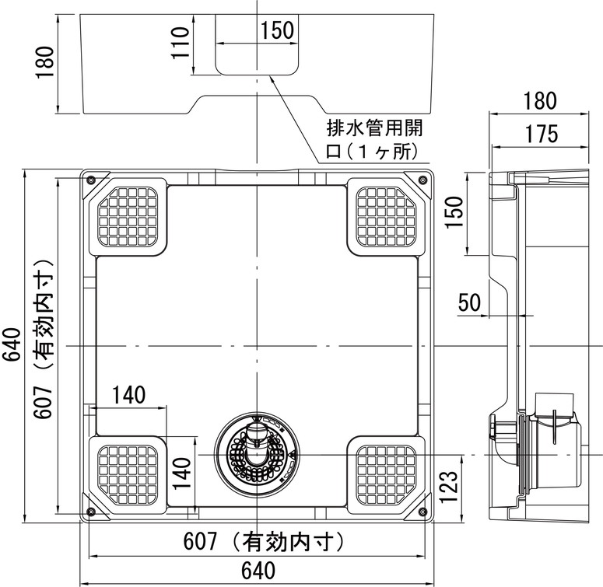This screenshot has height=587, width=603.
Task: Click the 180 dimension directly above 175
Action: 539,100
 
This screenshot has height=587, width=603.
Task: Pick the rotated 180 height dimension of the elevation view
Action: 46,62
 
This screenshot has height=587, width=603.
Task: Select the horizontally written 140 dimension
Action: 128,394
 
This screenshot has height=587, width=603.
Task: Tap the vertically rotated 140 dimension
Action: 181,473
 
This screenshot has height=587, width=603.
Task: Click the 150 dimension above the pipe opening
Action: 277,31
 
